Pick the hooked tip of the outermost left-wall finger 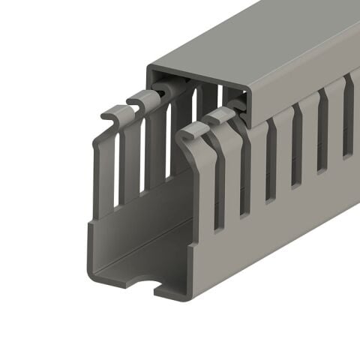(x=113, y=115)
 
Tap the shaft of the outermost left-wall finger (x=105, y=172)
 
